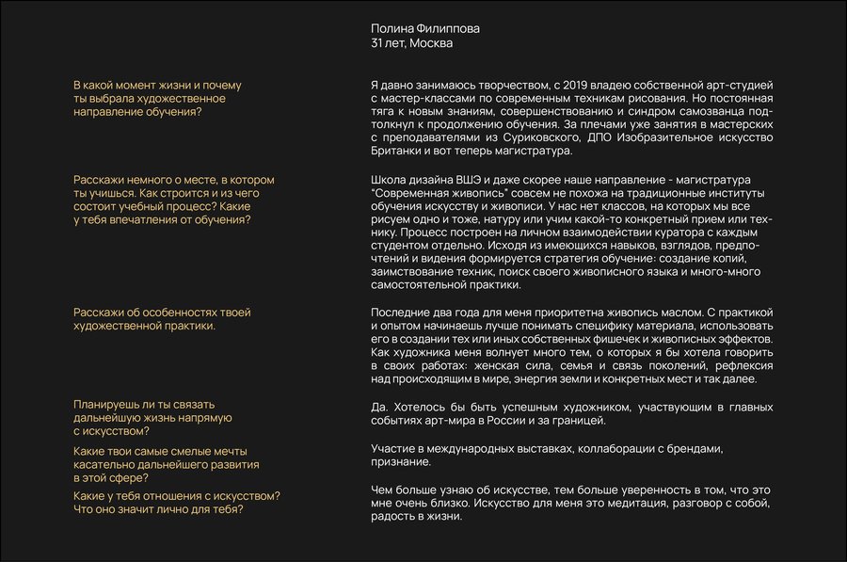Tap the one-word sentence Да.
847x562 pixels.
tap(380, 407)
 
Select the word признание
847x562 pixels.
tap(402, 463)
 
